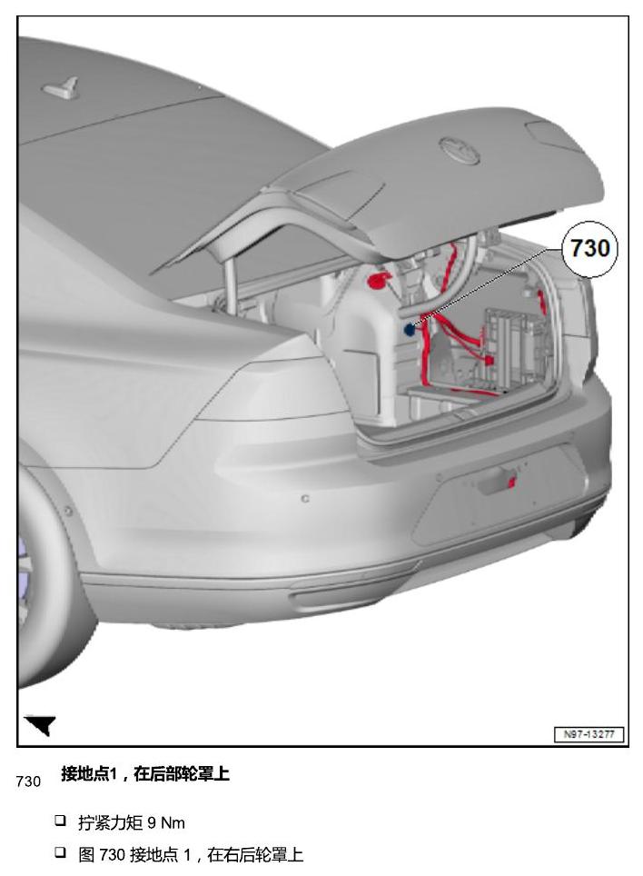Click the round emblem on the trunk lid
tap(460, 150)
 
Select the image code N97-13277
tap(589, 734)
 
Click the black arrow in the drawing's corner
tap(41, 724)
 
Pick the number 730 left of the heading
tap(28, 781)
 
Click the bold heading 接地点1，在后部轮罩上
tap(145, 773)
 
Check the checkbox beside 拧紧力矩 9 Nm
tap(60, 821)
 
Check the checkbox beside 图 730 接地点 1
tap(60, 852)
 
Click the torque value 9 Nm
tap(166, 823)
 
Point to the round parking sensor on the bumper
tap(305, 498)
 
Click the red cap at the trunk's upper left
tap(378, 281)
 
